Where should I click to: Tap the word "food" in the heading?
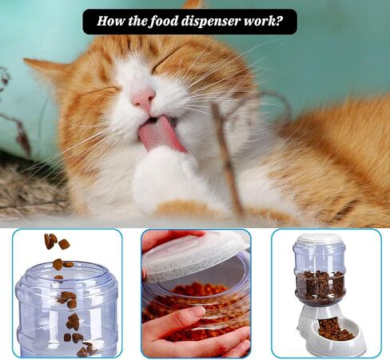(x=163, y=21)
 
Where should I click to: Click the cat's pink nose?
(x=143, y=98)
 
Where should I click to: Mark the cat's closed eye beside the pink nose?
(x=104, y=90)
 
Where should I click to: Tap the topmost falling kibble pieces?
(x=57, y=241)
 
